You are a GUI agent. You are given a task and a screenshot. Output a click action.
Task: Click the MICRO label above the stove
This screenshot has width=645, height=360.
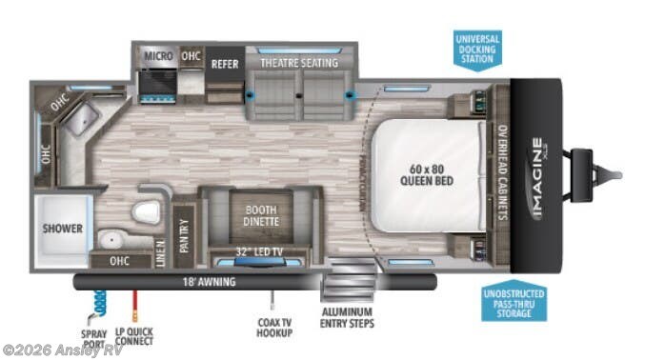pyautogui.click(x=158, y=55)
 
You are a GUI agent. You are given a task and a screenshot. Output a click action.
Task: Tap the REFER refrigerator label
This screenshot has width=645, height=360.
pyautogui.click(x=225, y=65)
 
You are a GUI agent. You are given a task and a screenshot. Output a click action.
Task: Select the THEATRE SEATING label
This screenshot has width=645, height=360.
pyautogui.click(x=300, y=64)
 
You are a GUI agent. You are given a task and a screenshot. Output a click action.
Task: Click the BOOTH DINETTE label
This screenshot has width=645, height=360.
pyautogui.click(x=259, y=215)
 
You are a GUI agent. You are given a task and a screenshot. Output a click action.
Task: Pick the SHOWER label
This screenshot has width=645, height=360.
pyautogui.click(x=63, y=230)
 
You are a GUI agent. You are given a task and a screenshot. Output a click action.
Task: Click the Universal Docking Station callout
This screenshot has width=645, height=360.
pyautogui.click(x=478, y=48)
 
